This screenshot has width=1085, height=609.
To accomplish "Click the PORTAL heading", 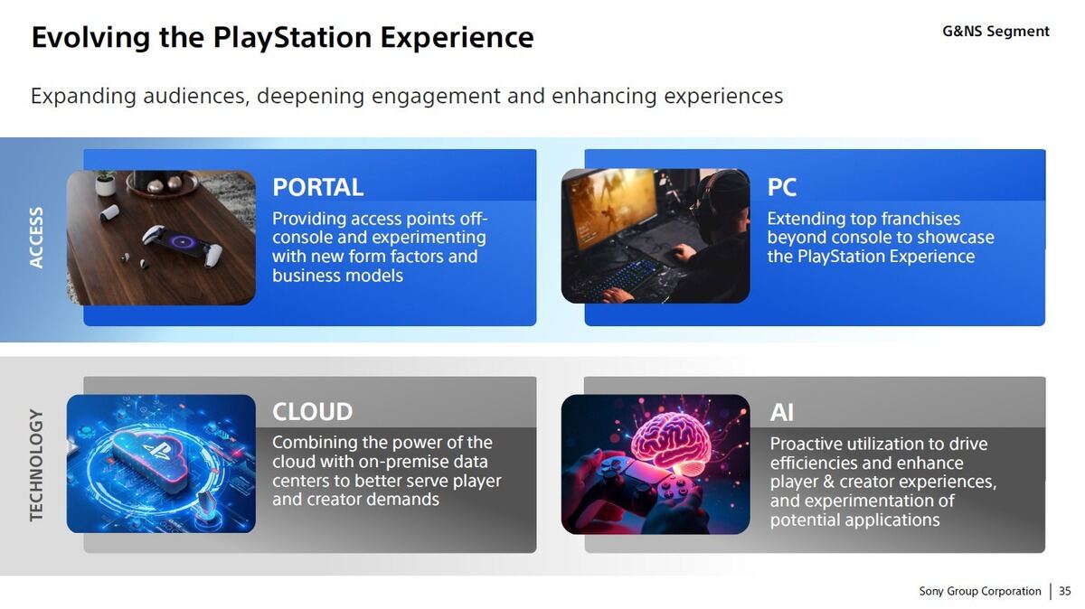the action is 317,187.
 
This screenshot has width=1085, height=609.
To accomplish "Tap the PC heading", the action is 781,187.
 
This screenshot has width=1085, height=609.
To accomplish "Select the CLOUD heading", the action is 313,412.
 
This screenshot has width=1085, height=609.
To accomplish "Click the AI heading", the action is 782,413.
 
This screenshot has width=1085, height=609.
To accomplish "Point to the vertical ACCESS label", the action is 36,238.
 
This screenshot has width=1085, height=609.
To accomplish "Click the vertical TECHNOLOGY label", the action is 36,465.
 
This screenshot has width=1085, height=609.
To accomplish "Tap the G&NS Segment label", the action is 995,32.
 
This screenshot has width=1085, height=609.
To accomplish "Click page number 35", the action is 1065,591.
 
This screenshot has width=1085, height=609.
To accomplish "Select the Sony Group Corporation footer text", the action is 980,592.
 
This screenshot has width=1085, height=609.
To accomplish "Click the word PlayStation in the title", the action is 292,38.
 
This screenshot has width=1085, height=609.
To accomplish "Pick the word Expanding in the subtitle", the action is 83,97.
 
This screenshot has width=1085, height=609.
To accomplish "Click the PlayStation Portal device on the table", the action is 182,246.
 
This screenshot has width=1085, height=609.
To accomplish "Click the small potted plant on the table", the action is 105,183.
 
